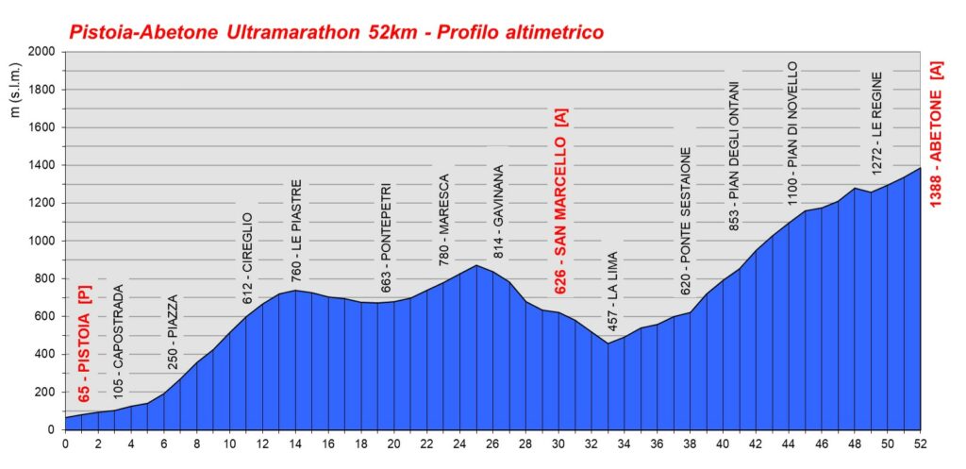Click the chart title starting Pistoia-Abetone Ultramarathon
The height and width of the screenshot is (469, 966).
[x=336, y=33]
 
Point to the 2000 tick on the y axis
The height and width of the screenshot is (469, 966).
[x=42, y=52]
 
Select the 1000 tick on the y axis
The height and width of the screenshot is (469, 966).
[x=42, y=241]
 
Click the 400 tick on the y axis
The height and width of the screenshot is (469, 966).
[x=45, y=354]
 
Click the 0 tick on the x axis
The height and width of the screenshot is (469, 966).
[x=65, y=444]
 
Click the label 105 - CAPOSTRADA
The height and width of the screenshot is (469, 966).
[x=117, y=339]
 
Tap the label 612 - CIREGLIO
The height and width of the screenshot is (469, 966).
[x=248, y=258]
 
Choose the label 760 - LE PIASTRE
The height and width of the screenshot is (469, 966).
[x=296, y=230]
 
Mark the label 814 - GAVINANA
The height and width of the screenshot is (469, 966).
[x=498, y=212]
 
